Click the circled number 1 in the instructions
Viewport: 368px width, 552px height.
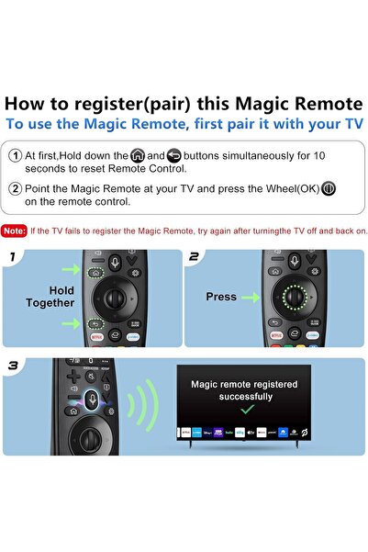(15, 156)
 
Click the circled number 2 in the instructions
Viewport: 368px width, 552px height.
(15, 187)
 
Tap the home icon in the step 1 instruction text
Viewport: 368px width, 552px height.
(139, 156)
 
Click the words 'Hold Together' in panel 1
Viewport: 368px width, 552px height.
(62, 296)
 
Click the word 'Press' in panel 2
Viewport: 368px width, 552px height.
(220, 297)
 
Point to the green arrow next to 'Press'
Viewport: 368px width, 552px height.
(251, 297)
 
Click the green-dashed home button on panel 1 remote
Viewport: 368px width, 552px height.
(95, 274)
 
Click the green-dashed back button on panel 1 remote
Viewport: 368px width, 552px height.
(95, 324)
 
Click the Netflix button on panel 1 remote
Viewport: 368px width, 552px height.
(96, 339)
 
